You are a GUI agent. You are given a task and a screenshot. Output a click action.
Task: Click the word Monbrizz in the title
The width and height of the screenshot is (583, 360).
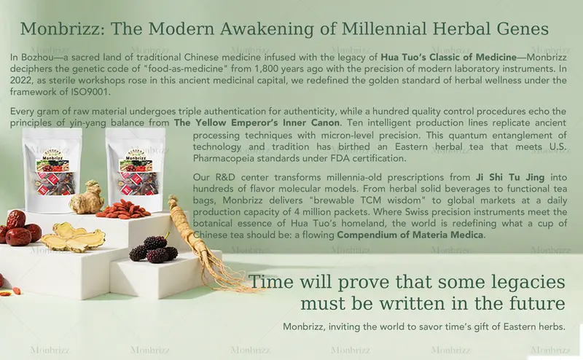[58, 30]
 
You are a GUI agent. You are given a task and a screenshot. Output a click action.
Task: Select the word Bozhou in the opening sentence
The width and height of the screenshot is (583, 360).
[37, 56]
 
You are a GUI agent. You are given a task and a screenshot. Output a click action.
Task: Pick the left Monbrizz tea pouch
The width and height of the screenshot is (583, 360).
[52, 171]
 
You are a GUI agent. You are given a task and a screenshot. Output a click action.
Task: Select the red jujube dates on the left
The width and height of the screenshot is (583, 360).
[18, 227]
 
